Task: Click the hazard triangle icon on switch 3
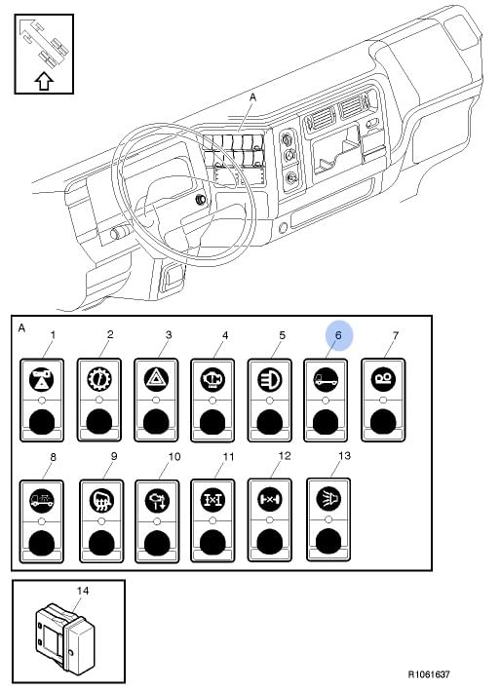pyautogui.click(x=156, y=379)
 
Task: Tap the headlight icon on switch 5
pyautogui.click(x=269, y=379)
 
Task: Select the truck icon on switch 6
pyautogui.click(x=326, y=379)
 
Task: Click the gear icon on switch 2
pyautogui.click(x=99, y=379)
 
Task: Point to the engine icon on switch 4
pyautogui.click(x=212, y=379)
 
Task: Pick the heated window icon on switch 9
pyautogui.click(x=101, y=500)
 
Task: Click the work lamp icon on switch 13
pyautogui.click(x=328, y=499)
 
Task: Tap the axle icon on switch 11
pyautogui.click(x=212, y=499)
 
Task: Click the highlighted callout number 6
pyautogui.click(x=338, y=335)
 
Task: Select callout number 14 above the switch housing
pyautogui.click(x=83, y=591)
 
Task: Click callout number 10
pyautogui.click(x=174, y=457)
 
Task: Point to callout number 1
pyautogui.click(x=53, y=335)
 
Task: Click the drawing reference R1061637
pyautogui.click(x=429, y=674)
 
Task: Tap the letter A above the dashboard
pyautogui.click(x=252, y=96)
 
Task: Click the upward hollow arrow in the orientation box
pyautogui.click(x=44, y=81)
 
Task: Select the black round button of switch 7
pyautogui.click(x=383, y=422)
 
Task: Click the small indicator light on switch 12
pyautogui.click(x=270, y=520)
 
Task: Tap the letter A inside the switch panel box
pyautogui.click(x=22, y=328)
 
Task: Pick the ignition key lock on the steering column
pyautogui.click(x=201, y=199)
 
